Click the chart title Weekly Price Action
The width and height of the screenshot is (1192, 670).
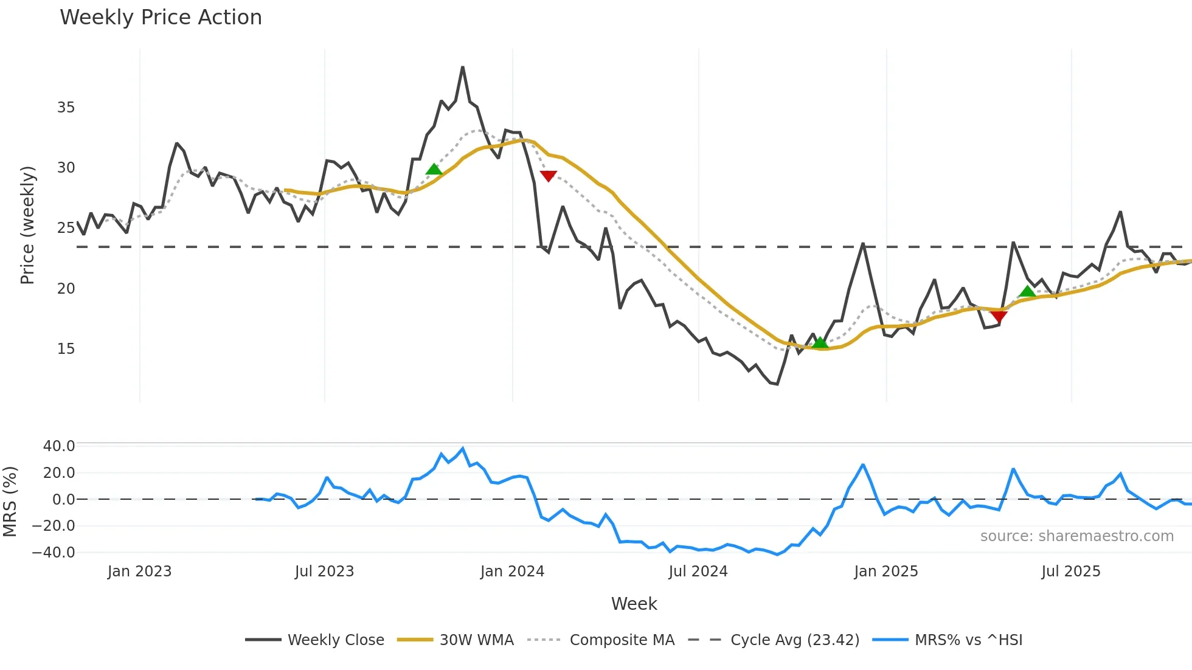[x=161, y=18]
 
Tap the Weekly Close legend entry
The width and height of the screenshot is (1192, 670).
[x=336, y=640]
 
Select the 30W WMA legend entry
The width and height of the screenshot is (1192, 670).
[x=476, y=640]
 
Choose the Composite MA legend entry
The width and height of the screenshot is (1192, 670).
[x=622, y=640]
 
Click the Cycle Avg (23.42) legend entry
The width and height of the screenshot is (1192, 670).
[x=794, y=640]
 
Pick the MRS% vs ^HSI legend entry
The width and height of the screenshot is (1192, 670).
[x=968, y=640]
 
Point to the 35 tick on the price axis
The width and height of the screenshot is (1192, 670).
[x=66, y=108]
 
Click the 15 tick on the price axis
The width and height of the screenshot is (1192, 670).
[x=66, y=349]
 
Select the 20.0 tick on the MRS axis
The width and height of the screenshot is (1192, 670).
[x=59, y=473]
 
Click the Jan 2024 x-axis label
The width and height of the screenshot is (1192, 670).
[x=512, y=572]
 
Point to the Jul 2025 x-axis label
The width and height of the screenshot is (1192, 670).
[x=1070, y=572]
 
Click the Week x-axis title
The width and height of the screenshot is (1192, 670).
[x=634, y=604]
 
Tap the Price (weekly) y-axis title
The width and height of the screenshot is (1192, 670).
[x=27, y=225]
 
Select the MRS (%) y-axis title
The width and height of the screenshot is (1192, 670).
[x=10, y=502]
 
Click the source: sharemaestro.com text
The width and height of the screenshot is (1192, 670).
[x=1076, y=536]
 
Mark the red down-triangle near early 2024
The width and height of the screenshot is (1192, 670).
[x=548, y=176]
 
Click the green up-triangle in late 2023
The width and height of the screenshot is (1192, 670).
[x=434, y=170]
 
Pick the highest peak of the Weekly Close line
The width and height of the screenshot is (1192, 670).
[x=463, y=67]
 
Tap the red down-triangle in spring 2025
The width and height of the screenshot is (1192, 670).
[x=999, y=316]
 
